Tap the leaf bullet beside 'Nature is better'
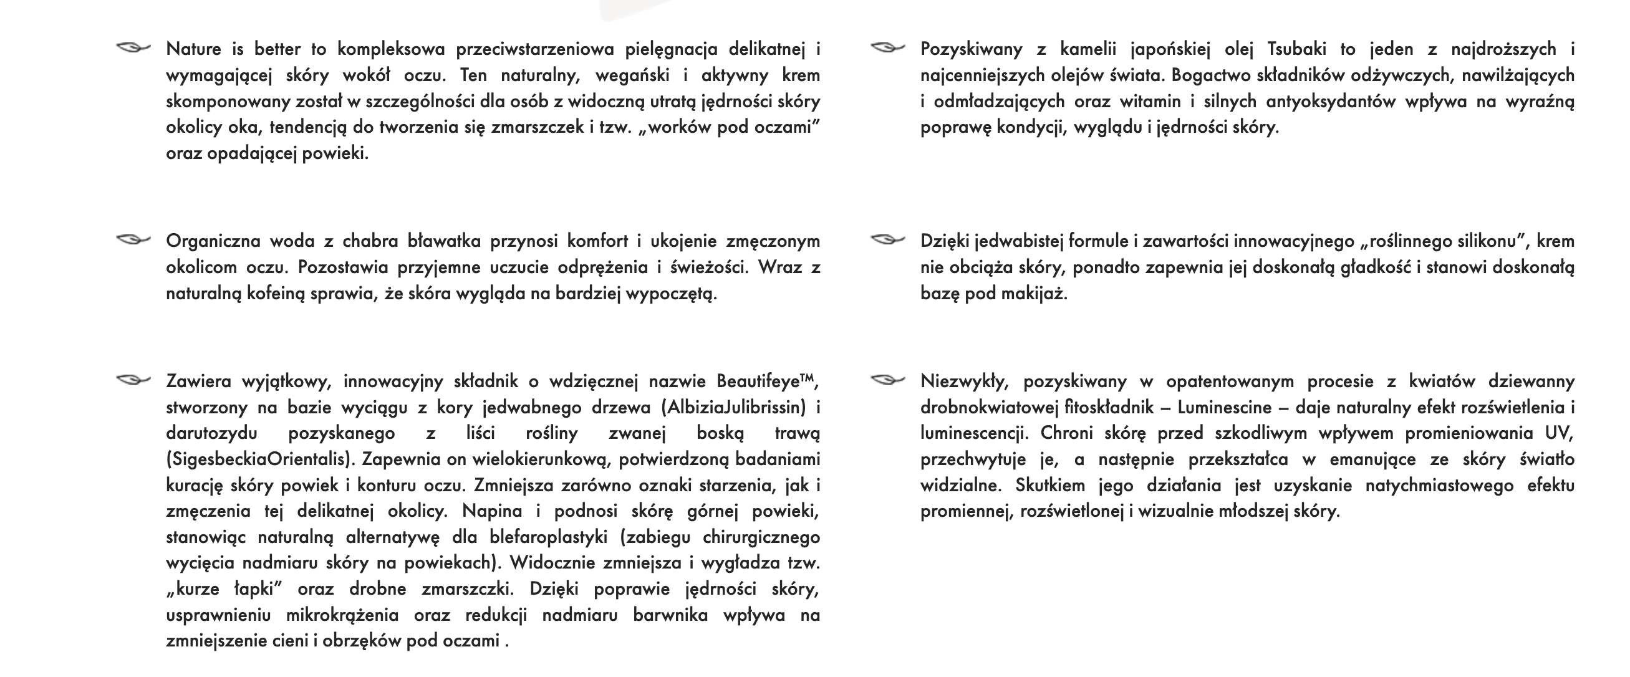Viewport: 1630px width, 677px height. (x=133, y=48)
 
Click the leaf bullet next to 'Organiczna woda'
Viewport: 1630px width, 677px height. (x=133, y=240)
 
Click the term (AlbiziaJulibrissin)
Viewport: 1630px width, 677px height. (x=734, y=408)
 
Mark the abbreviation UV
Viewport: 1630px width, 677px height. (x=1559, y=433)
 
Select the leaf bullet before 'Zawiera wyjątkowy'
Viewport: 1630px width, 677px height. (x=133, y=380)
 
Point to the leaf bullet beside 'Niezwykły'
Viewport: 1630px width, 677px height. (x=887, y=380)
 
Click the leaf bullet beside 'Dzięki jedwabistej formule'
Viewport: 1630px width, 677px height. (x=887, y=240)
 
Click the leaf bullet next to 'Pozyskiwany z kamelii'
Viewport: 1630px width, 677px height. (x=887, y=48)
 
